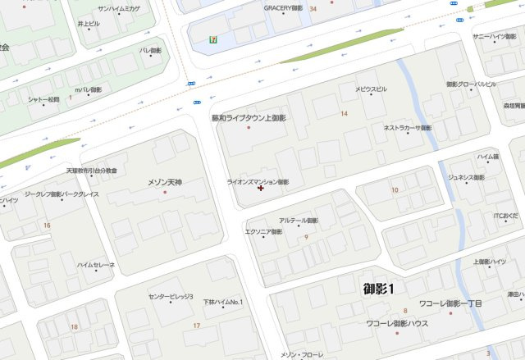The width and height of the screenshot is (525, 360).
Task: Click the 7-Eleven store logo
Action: coord(213,38)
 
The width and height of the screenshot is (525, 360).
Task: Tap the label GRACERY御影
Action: coord(283,8)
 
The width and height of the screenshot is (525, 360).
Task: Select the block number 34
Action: coord(314,8)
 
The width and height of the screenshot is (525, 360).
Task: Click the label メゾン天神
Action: coord(164,182)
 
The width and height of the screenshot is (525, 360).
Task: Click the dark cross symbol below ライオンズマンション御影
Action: coord(261,189)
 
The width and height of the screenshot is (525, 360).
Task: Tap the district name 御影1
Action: coord(379,289)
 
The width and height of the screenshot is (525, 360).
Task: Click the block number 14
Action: coord(344,113)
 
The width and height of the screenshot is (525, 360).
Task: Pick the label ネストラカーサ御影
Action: coord(408,128)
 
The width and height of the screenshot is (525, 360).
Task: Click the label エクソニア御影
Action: coord(263,232)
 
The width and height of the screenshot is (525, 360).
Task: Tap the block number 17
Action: coord(196,326)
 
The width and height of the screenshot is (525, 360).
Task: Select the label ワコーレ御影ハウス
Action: coord(397,324)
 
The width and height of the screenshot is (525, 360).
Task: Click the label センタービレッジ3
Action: coord(171,296)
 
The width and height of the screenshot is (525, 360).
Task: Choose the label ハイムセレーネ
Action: coord(96,266)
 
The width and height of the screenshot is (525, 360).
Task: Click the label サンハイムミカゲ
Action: coord(118,8)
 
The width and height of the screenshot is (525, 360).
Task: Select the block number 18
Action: coord(74,326)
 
